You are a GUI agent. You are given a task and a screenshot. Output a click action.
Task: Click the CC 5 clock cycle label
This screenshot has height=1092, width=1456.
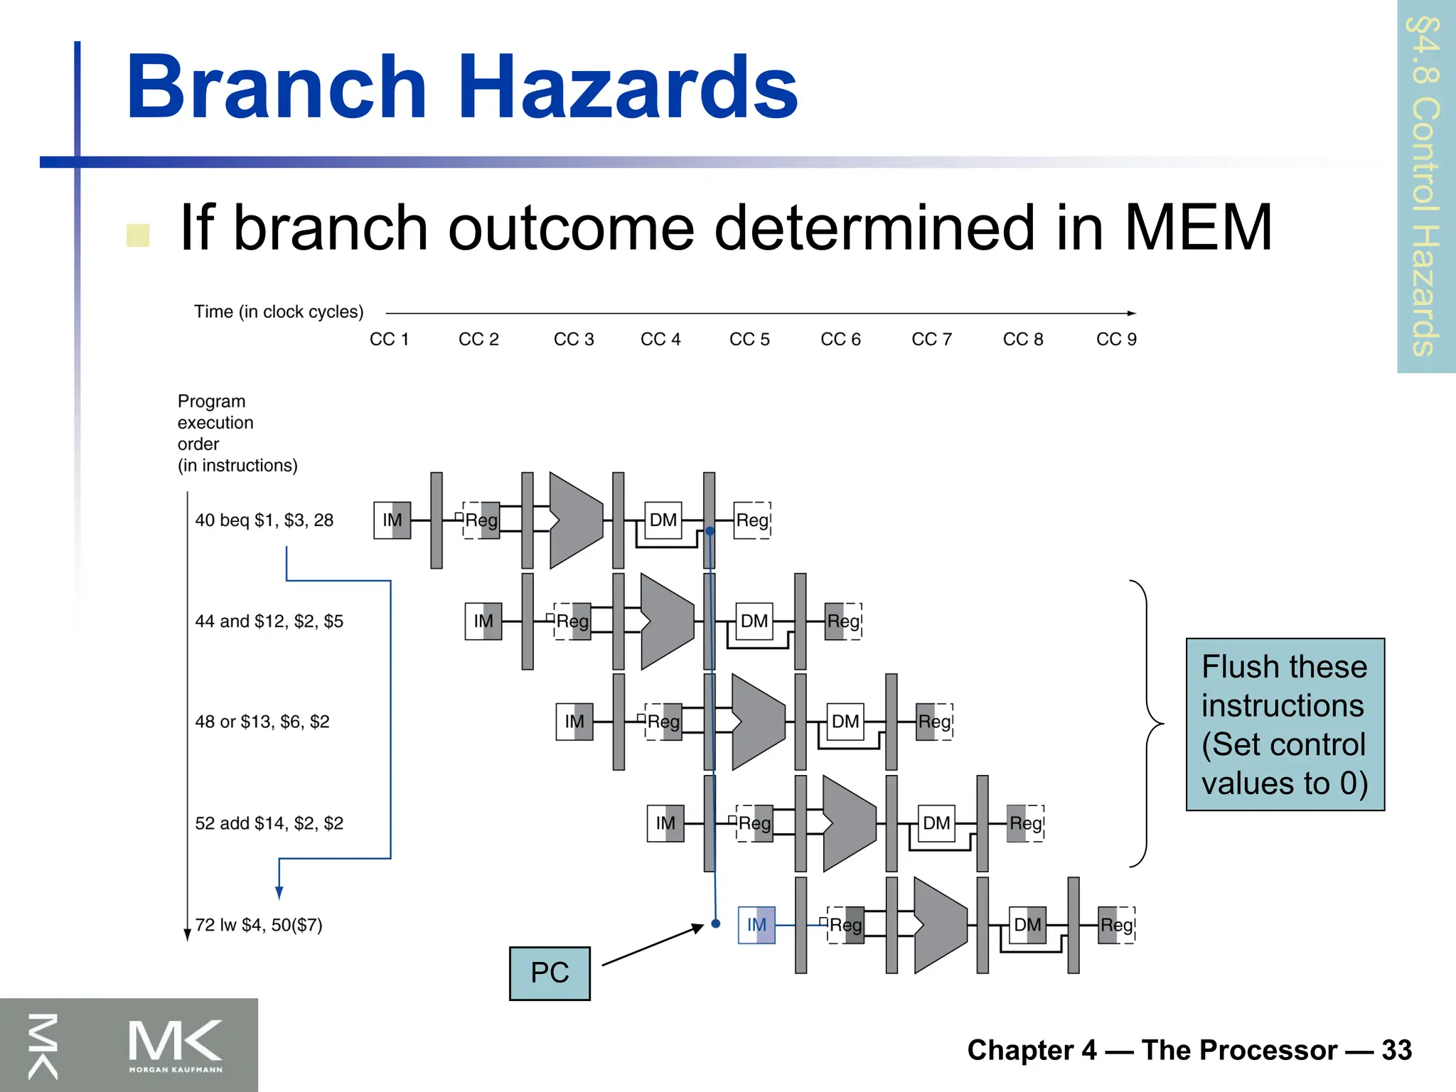pos(749,339)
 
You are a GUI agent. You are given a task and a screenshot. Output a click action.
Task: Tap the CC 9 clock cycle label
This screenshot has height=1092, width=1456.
pos(1116,339)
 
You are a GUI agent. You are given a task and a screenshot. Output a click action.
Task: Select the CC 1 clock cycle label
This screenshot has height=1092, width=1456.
pos(389,339)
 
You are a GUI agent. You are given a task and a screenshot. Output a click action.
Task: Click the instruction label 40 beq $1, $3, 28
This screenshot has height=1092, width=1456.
pos(264,520)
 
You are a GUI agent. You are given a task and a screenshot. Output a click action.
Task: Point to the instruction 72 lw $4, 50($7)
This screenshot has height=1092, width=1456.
pos(259,925)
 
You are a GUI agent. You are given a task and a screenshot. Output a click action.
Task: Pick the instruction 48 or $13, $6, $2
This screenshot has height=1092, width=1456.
pos(262,722)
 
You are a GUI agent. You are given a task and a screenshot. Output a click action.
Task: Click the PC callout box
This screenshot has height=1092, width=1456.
pos(550,973)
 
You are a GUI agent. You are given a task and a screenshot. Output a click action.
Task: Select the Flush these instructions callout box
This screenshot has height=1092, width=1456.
pos(1285,724)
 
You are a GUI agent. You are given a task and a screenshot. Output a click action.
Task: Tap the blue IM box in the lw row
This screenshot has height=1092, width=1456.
pos(756,925)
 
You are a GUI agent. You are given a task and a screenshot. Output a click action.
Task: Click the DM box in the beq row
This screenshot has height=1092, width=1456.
pos(663,520)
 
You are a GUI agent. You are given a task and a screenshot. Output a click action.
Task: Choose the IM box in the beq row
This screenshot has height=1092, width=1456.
pos(392,520)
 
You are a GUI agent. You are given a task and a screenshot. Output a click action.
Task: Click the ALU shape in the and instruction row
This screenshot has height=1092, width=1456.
pos(667,621)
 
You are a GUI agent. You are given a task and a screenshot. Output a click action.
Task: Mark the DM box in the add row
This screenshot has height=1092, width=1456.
pos(936,823)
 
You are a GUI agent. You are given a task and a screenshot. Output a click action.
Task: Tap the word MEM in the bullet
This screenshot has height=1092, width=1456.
pos(1197,227)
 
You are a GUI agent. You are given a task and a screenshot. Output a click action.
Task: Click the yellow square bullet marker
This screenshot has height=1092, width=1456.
pos(138,235)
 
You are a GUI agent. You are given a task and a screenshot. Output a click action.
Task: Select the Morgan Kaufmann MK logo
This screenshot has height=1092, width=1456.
pos(175,1044)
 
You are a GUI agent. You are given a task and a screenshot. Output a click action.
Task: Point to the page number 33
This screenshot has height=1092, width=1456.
pos(1396,1050)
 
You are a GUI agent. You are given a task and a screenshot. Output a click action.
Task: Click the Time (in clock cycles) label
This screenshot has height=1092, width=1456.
pos(279,312)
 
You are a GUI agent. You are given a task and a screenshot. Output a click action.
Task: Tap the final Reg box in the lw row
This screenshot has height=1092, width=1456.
pos(1116,925)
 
